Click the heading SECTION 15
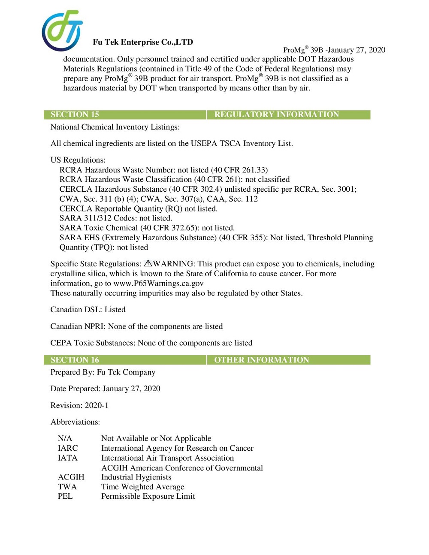click(x=75, y=115)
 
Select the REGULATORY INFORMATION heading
click(x=276, y=115)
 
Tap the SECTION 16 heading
click(x=75, y=360)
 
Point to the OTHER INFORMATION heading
click(x=261, y=360)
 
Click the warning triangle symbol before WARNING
click(x=148, y=263)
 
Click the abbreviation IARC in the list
click(x=68, y=448)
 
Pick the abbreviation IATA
click(x=68, y=458)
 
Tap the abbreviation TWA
click(x=67, y=487)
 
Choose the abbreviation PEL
click(x=65, y=496)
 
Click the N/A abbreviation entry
click(x=65, y=438)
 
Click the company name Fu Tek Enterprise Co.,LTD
click(x=143, y=42)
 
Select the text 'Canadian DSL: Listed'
click(x=88, y=310)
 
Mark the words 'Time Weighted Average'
click(x=142, y=487)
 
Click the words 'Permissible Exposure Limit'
click(x=148, y=496)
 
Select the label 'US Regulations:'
click(x=78, y=160)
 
